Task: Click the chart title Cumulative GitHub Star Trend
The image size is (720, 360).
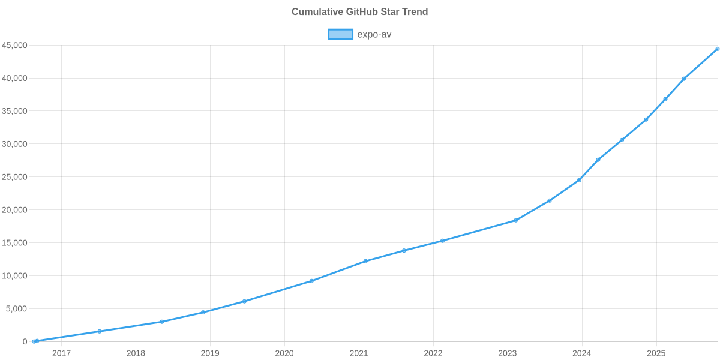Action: click(x=359, y=12)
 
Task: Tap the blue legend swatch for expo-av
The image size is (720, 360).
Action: click(x=340, y=34)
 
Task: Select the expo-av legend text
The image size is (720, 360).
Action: click(x=374, y=34)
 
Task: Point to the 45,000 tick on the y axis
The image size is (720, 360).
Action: click(x=14, y=46)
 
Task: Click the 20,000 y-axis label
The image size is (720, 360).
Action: click(x=14, y=210)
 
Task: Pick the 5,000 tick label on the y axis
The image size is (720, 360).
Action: click(x=17, y=308)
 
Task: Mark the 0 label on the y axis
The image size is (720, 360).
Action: click(x=25, y=341)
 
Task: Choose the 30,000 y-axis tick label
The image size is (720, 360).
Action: click(x=14, y=144)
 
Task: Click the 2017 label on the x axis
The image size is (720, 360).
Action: click(x=61, y=353)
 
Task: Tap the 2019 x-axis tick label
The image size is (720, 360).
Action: click(x=210, y=353)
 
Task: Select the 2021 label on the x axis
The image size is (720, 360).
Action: click(x=359, y=353)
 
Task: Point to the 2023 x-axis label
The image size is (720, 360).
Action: click(x=508, y=353)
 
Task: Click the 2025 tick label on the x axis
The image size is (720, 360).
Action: click(x=656, y=353)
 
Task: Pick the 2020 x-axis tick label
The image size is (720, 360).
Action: click(x=284, y=353)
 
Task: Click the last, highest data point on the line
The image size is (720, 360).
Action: click(x=717, y=49)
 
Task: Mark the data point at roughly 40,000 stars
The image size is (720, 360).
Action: click(x=684, y=79)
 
